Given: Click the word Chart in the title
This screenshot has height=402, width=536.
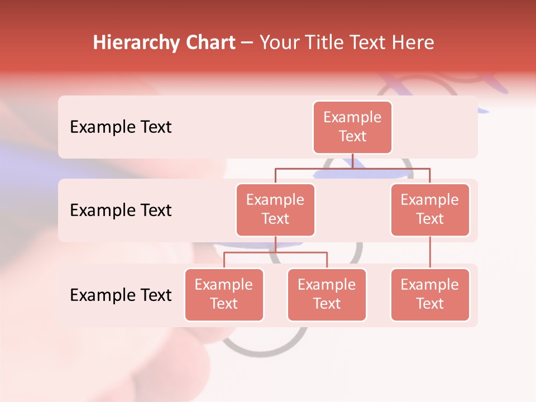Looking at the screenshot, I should (209, 43).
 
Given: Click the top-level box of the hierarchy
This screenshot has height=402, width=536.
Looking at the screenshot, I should (352, 127).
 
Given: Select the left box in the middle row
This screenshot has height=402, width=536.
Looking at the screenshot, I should (275, 209).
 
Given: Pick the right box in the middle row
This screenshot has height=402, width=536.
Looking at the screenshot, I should (430, 209).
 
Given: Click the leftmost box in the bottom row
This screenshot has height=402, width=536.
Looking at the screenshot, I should (224, 294).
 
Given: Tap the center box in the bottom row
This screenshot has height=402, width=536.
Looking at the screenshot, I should (327, 294).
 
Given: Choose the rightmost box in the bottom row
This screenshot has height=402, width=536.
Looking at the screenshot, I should (430, 294).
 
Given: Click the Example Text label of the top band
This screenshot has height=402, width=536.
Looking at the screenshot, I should (121, 127).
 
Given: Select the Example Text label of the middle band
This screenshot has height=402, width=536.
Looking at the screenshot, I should (121, 210).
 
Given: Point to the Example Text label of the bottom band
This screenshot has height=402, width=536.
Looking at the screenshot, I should (121, 295).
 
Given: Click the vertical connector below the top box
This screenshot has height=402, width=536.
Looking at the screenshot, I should (352, 161).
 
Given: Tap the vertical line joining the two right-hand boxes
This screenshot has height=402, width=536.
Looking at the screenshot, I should (430, 252).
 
